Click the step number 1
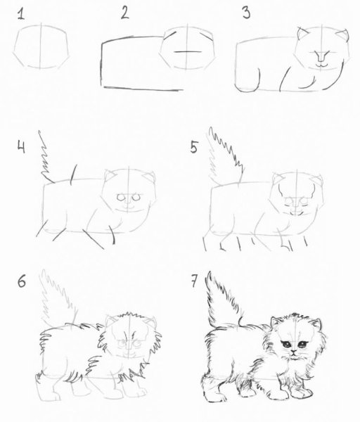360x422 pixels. click(21, 14)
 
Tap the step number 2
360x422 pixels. click(125, 13)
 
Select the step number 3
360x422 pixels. click(246, 13)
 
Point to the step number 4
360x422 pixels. click(22, 147)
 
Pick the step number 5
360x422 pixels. click(194, 147)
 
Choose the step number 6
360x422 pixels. click(22, 281)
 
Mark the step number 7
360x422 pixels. click(194, 281)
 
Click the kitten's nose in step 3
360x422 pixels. click(321, 56)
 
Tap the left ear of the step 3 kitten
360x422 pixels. click(302, 34)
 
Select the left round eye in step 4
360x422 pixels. click(121, 198)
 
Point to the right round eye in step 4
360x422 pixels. click(137, 197)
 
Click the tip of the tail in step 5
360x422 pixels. click(211, 129)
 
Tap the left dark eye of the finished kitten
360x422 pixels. click(286, 344)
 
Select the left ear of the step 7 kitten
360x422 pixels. click(275, 321)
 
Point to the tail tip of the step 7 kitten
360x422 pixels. click(210, 272)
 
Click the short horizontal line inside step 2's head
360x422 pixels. click(188, 51)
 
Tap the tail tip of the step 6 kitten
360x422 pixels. click(44, 271)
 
